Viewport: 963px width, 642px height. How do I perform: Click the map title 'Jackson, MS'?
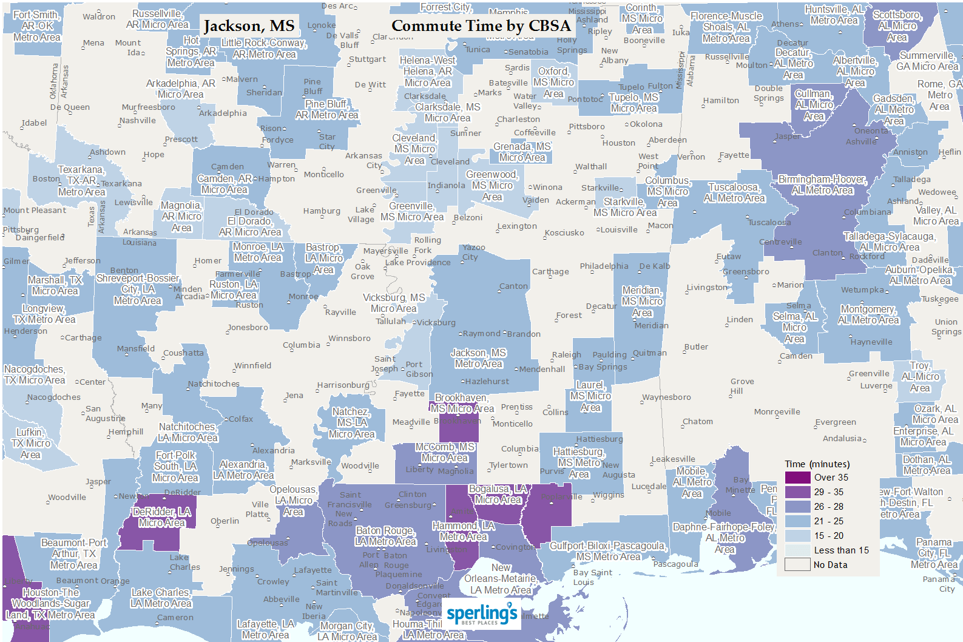[249, 26]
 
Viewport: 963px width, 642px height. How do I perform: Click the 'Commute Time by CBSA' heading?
[481, 26]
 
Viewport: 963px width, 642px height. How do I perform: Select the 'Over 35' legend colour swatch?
[797, 478]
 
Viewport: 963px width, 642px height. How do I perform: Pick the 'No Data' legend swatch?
[797, 565]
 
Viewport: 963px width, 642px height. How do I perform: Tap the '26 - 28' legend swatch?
[797, 507]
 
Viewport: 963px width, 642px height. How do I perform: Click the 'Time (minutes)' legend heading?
[817, 464]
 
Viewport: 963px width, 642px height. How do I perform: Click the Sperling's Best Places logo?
[482, 614]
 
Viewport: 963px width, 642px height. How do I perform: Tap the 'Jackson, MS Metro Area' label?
[478, 359]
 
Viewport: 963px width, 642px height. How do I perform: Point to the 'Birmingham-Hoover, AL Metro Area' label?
[822, 185]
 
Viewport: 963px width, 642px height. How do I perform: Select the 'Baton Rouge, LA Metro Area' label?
[385, 536]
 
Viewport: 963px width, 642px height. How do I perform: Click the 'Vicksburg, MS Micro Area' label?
[394, 303]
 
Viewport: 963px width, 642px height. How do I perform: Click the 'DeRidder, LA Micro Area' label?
[161, 517]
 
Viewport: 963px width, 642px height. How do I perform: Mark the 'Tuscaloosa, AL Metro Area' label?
[734, 192]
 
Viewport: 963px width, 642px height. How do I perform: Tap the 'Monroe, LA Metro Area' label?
[258, 252]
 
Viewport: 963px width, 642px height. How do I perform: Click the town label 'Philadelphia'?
[604, 266]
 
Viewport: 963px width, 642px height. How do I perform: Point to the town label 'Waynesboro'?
[666, 397]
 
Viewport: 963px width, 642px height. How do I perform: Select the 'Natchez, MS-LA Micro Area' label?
[351, 423]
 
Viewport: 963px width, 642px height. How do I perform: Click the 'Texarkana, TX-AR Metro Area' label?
[81, 181]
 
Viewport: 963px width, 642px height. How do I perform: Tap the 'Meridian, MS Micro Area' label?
[642, 302]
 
